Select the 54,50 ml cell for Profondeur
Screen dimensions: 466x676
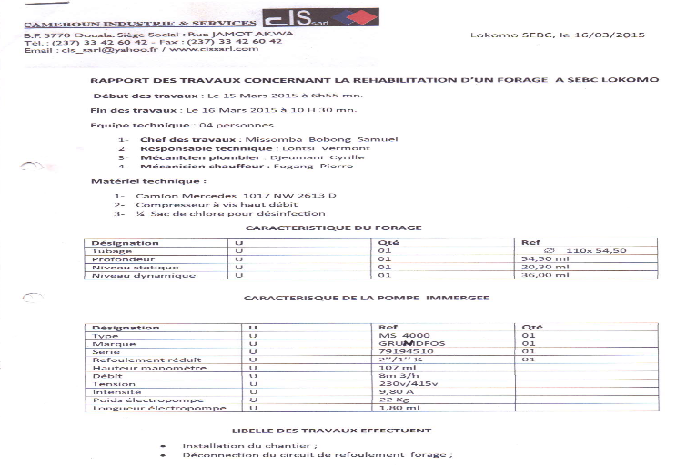click(538, 258)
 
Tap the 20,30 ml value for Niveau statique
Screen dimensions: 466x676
click(538, 267)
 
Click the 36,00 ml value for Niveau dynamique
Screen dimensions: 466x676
click(538, 275)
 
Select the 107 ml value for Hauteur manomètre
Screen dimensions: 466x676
click(393, 367)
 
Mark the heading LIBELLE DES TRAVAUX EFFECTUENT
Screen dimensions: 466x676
click(330, 431)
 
